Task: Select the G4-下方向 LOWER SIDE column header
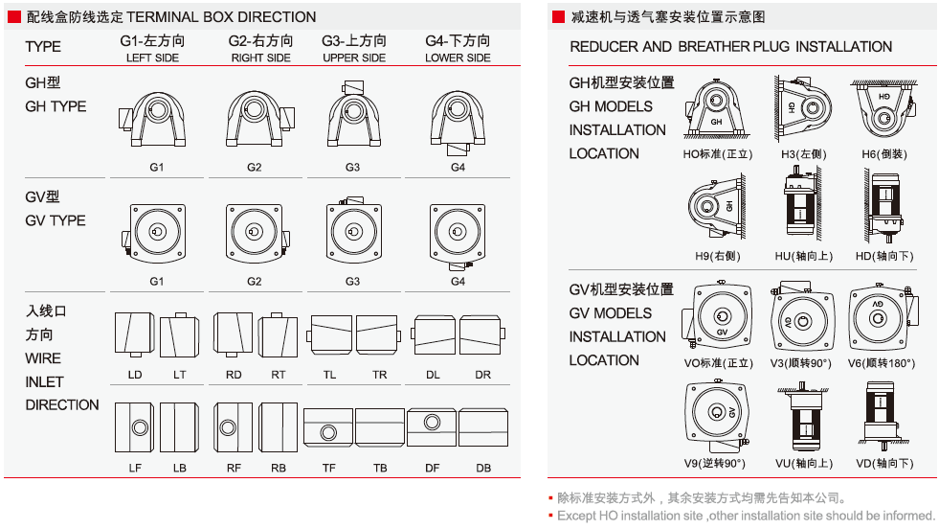coord(458,49)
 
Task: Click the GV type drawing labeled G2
coord(254,233)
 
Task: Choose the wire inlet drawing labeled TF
coord(328,427)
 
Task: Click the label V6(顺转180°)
coord(882,364)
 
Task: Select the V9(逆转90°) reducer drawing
coord(717,415)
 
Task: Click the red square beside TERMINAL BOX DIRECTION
coord(13,16)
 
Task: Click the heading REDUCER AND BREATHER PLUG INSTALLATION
coord(730,47)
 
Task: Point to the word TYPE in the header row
coord(43,47)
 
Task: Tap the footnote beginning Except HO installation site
coord(746,516)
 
